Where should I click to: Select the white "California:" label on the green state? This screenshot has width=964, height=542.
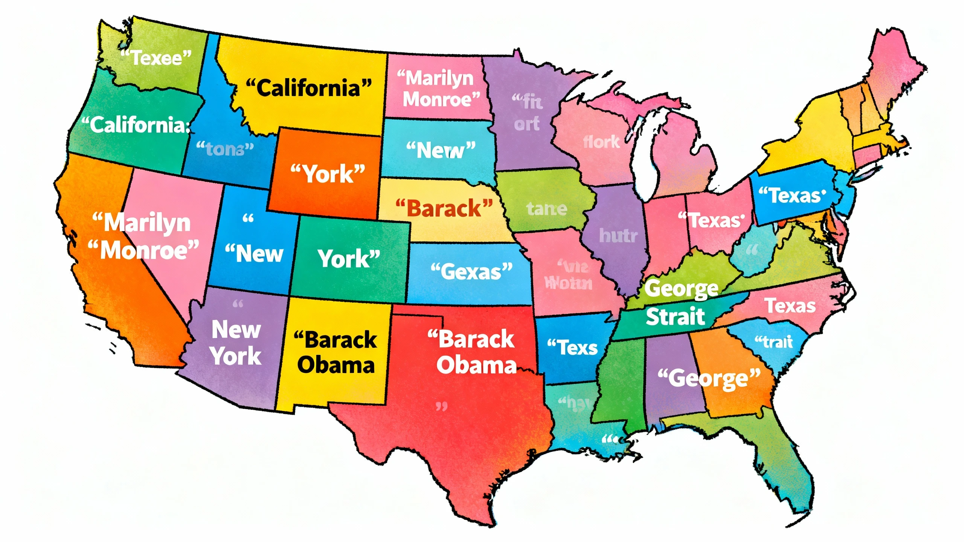coord(136,125)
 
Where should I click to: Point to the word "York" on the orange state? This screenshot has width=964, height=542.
coord(328,174)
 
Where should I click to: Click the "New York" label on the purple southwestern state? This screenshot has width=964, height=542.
coord(236,343)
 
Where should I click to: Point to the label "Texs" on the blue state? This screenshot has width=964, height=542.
coord(572,347)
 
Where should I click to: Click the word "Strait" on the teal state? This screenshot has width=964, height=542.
coord(675,317)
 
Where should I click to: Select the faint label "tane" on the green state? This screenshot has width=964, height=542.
coord(546,209)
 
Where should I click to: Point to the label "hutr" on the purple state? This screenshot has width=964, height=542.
coord(618,236)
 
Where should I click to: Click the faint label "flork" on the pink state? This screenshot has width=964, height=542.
coord(601,142)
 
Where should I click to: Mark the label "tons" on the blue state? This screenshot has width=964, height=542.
coord(225,149)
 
